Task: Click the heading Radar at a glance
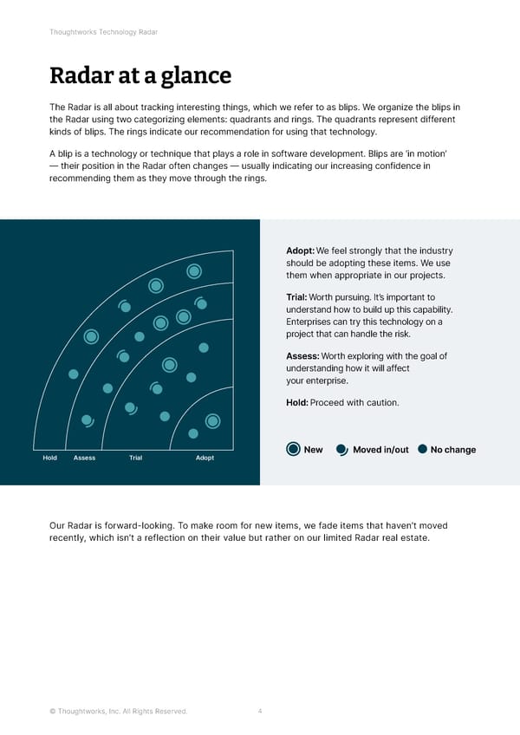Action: click(x=140, y=76)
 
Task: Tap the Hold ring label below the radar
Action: click(x=49, y=458)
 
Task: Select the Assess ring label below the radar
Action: click(x=84, y=458)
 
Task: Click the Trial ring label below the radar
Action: click(x=135, y=458)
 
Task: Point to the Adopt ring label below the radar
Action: click(x=205, y=458)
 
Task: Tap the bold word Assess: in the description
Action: click(x=302, y=356)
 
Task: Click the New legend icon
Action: click(x=293, y=449)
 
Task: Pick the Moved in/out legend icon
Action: click(x=341, y=449)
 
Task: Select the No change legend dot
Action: click(x=423, y=449)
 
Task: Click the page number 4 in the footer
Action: click(x=260, y=712)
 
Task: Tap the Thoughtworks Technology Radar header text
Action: click(x=103, y=32)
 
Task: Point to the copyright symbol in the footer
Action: click(x=53, y=712)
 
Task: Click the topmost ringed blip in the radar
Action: click(x=195, y=271)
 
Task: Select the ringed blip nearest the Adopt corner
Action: click(x=212, y=421)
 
